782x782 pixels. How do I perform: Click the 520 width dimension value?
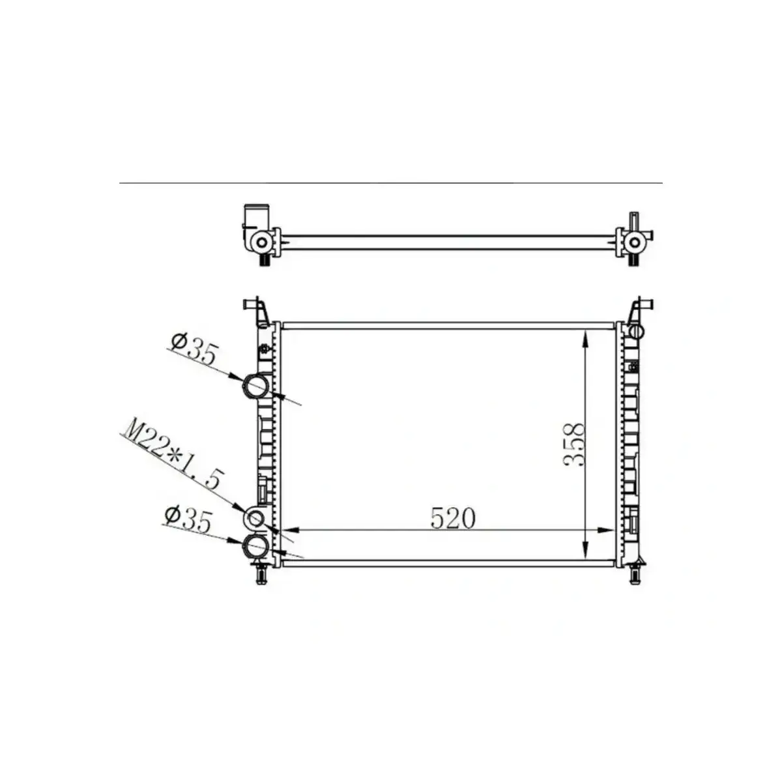[453, 518]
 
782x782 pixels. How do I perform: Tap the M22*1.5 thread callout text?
[173, 456]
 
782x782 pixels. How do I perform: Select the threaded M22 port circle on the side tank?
[255, 519]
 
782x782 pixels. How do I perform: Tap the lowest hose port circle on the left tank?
[255, 545]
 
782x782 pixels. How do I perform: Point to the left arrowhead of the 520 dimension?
[287, 530]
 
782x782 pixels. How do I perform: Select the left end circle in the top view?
[261, 243]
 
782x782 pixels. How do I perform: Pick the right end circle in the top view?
[633, 243]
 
